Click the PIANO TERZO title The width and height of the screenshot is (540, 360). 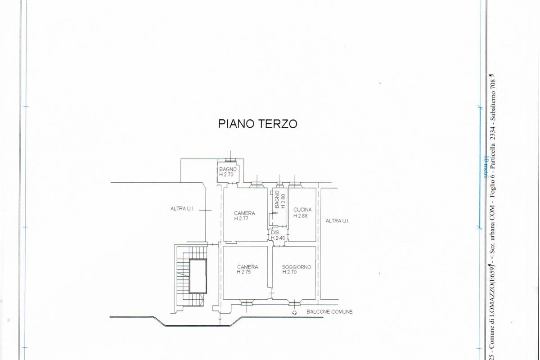point(258,124)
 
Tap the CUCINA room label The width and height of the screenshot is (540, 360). point(302,210)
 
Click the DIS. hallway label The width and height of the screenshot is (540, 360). point(275,232)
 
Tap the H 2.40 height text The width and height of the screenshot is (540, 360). point(278,238)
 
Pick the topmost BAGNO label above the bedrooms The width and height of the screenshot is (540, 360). point(228,169)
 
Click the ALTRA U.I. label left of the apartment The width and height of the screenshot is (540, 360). point(182,208)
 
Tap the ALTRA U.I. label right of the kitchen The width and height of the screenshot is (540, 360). point(337,220)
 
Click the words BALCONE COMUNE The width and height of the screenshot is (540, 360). point(329,311)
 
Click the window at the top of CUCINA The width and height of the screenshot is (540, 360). point(295,184)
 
